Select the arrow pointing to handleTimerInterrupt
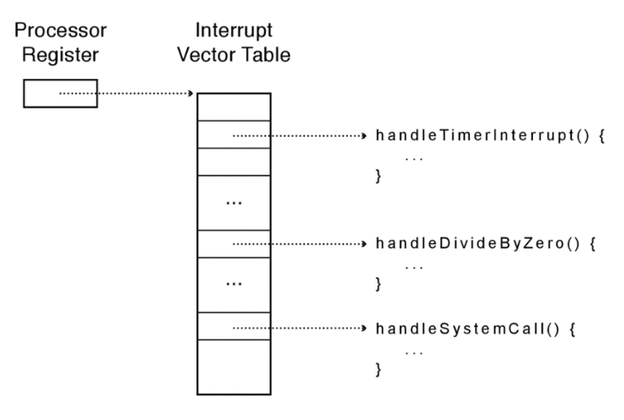[x=299, y=136]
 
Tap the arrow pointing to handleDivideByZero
[x=299, y=244]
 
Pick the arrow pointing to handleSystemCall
[x=299, y=328]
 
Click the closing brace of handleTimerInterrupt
[x=377, y=177]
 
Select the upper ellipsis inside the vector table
[x=234, y=204]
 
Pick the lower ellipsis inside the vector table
[x=234, y=286]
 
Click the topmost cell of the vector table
[x=234, y=107]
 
